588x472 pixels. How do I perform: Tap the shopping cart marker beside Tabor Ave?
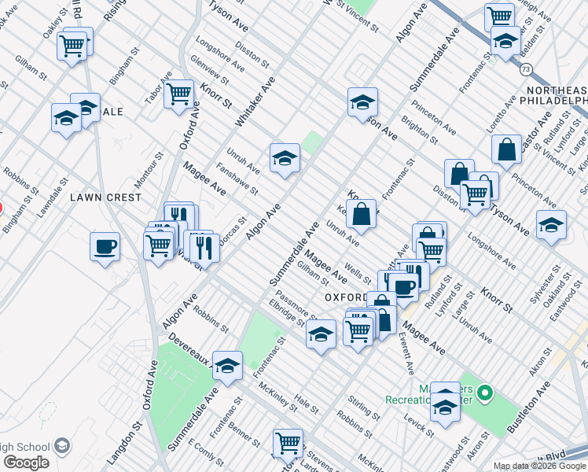[x=179, y=94]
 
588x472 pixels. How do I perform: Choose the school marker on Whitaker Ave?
[x=285, y=158]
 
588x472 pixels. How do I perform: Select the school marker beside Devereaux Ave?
[x=227, y=366]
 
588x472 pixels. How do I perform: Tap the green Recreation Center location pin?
[x=486, y=392]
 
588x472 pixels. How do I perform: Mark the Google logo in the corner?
[x=26, y=463]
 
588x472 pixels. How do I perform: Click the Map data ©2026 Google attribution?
[x=540, y=466]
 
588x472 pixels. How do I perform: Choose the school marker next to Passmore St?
[x=321, y=334]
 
